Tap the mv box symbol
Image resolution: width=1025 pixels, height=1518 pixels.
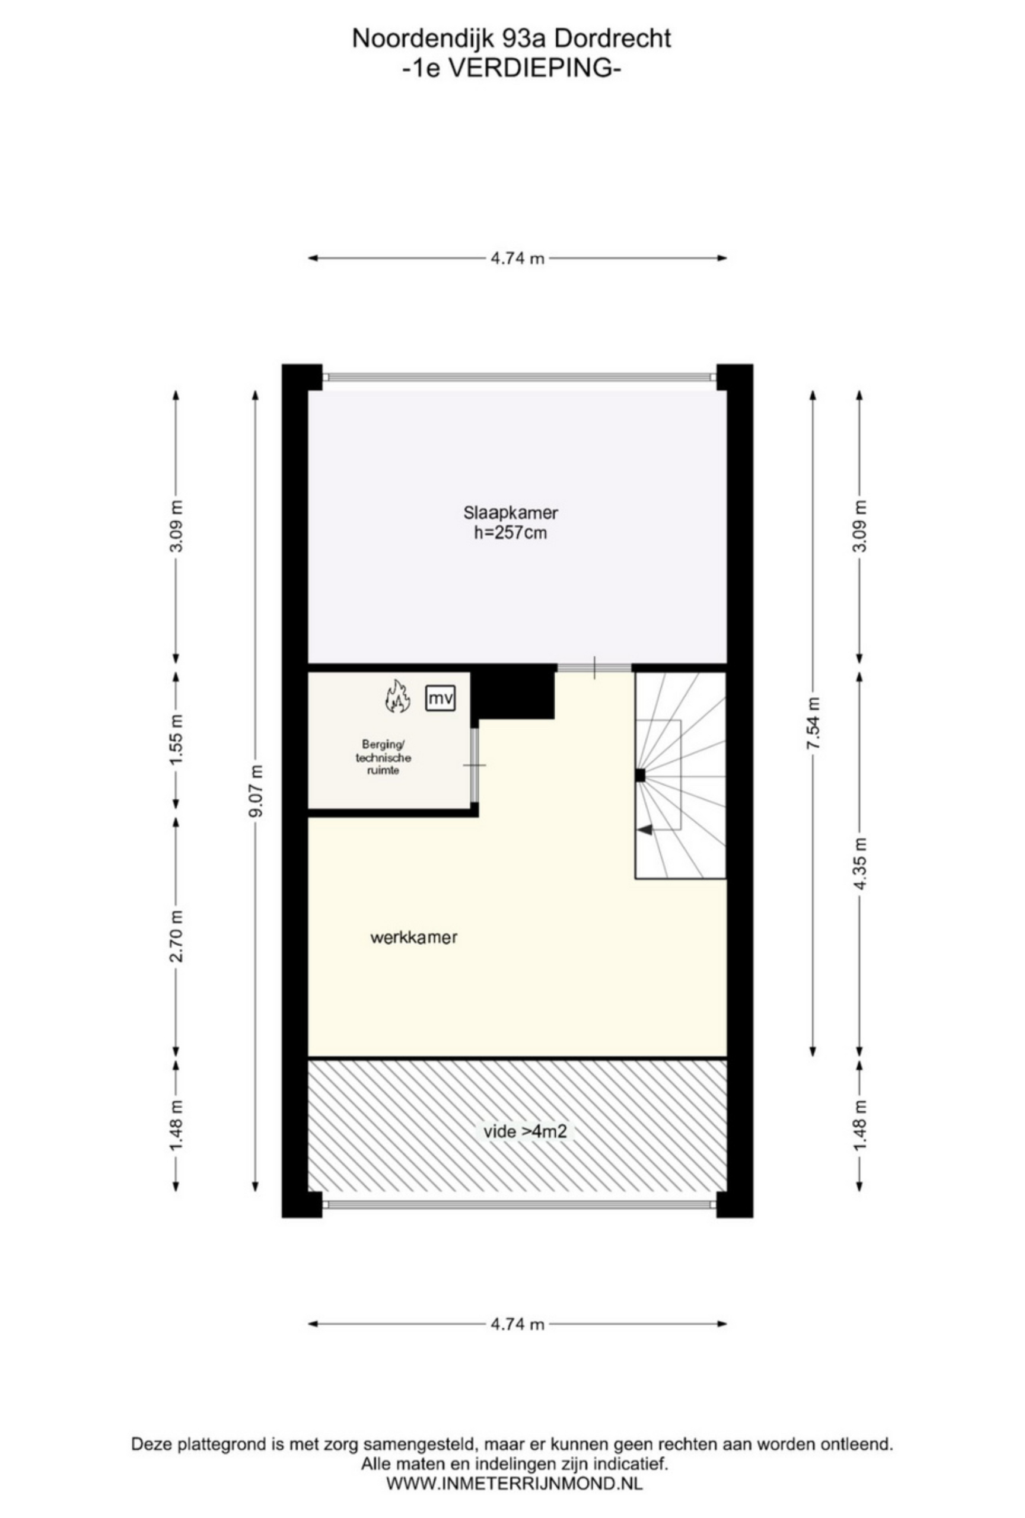pyautogui.click(x=440, y=699)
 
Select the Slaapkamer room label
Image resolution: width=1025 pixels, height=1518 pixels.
pyautogui.click(x=511, y=513)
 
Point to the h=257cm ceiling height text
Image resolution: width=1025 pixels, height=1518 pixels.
pyautogui.click(x=511, y=533)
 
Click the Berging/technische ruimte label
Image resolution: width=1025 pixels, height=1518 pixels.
pyautogui.click(x=383, y=757)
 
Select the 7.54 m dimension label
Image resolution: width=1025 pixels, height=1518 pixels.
pyautogui.click(x=813, y=724)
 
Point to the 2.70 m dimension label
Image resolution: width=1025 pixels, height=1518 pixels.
pyautogui.click(x=176, y=935)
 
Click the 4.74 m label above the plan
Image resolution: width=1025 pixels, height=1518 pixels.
pyautogui.click(x=517, y=258)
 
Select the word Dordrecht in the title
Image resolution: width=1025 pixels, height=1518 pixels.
pyautogui.click(x=612, y=39)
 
